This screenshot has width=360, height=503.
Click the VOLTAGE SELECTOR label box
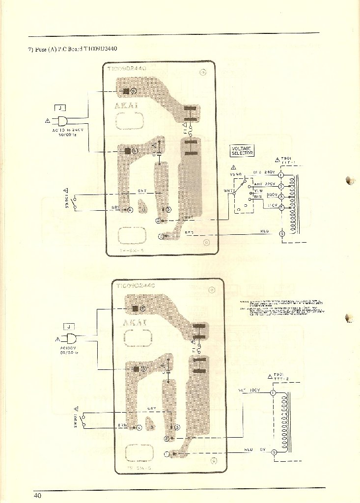point(242,151)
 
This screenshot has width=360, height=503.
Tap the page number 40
point(37,495)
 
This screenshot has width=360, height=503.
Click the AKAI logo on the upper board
point(126,105)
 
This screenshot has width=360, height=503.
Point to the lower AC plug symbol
point(71,338)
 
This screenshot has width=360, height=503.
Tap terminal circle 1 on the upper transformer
point(281,175)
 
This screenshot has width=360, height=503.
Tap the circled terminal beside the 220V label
point(281,187)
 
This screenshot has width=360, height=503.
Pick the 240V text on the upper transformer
point(270,172)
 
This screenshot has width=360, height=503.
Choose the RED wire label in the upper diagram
point(189,232)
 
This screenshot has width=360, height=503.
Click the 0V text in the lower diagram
point(262,450)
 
